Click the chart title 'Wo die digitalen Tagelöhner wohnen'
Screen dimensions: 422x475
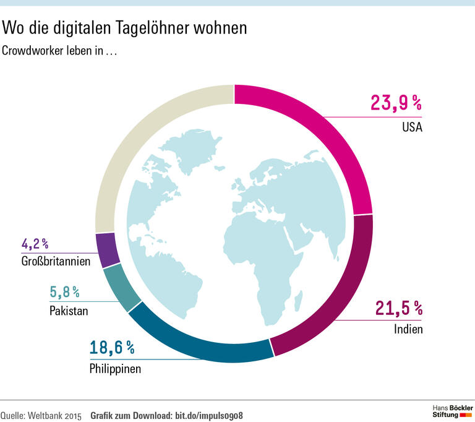tap(124, 28)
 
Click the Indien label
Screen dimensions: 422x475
tap(408, 329)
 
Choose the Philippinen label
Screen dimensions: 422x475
tap(115, 369)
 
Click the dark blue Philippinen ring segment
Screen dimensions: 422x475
tap(198, 343)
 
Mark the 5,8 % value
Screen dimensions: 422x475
tap(64, 291)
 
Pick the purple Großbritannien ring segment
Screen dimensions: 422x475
tap(106, 249)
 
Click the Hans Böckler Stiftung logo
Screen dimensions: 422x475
tap(451, 411)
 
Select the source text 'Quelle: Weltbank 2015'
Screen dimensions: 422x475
tap(41, 414)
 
